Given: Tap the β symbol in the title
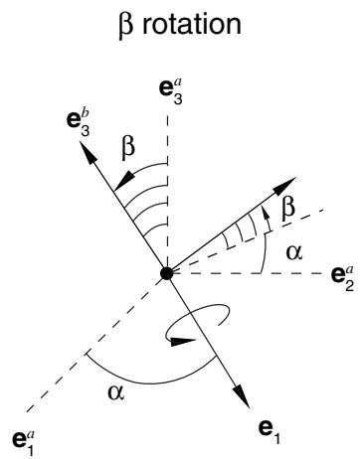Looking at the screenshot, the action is tap(126, 26).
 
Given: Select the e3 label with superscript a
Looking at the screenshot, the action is tap(171, 92).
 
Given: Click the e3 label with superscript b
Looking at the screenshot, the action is tap(79, 125).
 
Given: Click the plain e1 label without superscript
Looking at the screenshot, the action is tap(270, 431).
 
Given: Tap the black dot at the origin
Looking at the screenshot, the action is tap(166, 273).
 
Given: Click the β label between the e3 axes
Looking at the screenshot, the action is tap(128, 148).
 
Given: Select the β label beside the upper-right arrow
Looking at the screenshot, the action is tap(287, 210).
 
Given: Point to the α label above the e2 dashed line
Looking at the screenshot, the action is tap(294, 253).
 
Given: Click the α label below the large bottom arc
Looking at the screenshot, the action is tap(116, 393).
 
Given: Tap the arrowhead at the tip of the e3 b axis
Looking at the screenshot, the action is tap(87, 152).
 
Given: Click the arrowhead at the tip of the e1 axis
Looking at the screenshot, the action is tap(242, 396).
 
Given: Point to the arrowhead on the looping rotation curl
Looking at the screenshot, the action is tap(183, 342).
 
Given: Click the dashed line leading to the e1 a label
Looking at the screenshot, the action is tap(96, 344).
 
